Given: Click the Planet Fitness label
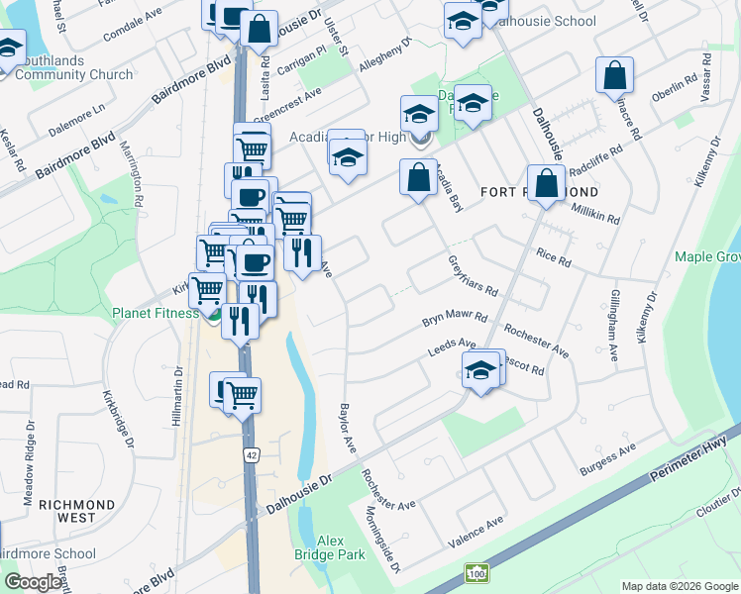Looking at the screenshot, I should pyautogui.click(x=157, y=314).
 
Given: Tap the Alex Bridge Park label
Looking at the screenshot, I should pyautogui.click(x=342, y=547).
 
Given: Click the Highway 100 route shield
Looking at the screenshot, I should pyautogui.click(x=476, y=573).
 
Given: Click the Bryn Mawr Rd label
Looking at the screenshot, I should pyautogui.click(x=456, y=320).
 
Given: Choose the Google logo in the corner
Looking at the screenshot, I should pyautogui.click(x=34, y=581).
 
